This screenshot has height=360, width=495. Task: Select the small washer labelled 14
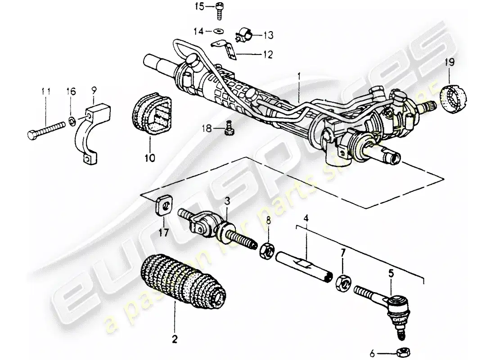tap(219, 31)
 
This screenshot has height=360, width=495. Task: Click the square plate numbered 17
tap(164, 207)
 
